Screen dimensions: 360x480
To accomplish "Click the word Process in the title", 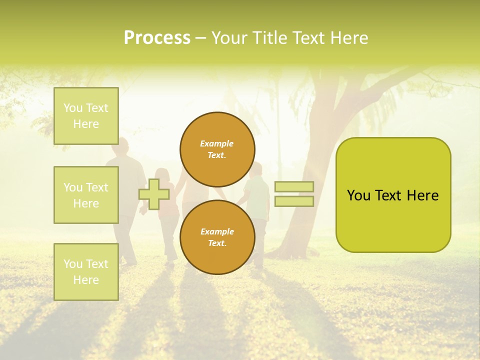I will point(157,38).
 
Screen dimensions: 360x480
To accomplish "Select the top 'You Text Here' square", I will point(86,116).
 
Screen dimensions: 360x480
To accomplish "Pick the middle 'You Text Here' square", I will point(86,195).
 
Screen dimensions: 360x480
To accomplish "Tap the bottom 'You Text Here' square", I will point(86,271).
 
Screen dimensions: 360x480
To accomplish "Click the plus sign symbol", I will point(153,194).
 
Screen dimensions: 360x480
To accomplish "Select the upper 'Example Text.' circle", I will point(217,149).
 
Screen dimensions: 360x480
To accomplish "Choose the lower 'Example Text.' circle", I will point(217,237).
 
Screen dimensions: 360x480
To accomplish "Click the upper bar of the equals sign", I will point(294,186).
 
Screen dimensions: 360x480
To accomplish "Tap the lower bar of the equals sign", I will point(294,201).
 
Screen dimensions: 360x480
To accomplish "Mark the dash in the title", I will point(200,38).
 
